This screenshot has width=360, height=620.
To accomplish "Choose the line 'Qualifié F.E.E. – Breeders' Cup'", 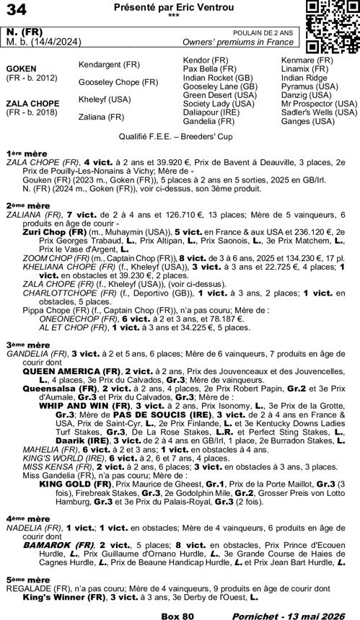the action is [180, 136].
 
